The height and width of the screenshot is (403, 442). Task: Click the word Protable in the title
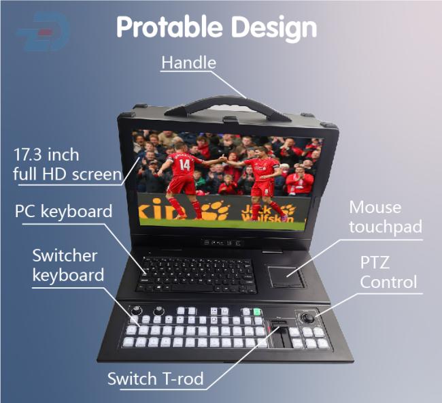click(x=169, y=27)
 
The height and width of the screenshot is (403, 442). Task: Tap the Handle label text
click(x=188, y=63)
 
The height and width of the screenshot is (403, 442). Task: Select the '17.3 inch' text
click(x=46, y=155)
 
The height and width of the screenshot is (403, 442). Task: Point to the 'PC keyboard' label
click(x=63, y=211)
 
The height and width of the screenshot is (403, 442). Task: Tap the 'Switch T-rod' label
click(x=155, y=378)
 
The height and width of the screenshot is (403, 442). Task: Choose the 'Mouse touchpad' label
click(x=385, y=217)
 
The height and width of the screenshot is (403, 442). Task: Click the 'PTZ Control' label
click(x=388, y=272)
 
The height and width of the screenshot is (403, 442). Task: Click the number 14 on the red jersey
click(x=185, y=165)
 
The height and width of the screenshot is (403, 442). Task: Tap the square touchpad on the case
click(x=286, y=276)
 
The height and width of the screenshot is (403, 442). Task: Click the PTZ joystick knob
click(x=307, y=317)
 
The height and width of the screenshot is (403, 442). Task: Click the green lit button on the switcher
click(x=257, y=312)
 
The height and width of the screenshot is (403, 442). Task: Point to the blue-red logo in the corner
click(x=44, y=31)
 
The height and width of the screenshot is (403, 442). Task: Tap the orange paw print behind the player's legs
click(x=216, y=210)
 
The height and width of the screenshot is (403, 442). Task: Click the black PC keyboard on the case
click(x=197, y=275)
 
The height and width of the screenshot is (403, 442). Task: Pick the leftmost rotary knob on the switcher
click(x=137, y=310)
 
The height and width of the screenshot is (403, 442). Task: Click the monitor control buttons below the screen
click(x=222, y=242)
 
